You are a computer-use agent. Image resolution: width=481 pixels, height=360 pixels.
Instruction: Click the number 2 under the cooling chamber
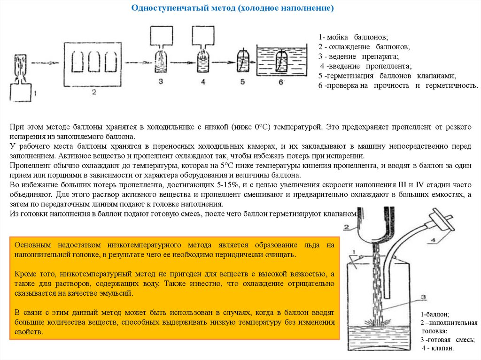93,92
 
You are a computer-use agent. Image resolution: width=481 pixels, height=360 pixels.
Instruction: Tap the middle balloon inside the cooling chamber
93,61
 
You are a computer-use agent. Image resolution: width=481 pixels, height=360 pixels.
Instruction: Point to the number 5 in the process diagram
242,82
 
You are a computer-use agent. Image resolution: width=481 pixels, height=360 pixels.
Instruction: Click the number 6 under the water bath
281,82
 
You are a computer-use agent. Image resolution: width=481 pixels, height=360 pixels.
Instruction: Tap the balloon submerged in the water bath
282,60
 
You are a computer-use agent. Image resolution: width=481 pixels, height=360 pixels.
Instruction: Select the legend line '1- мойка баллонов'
353,37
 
